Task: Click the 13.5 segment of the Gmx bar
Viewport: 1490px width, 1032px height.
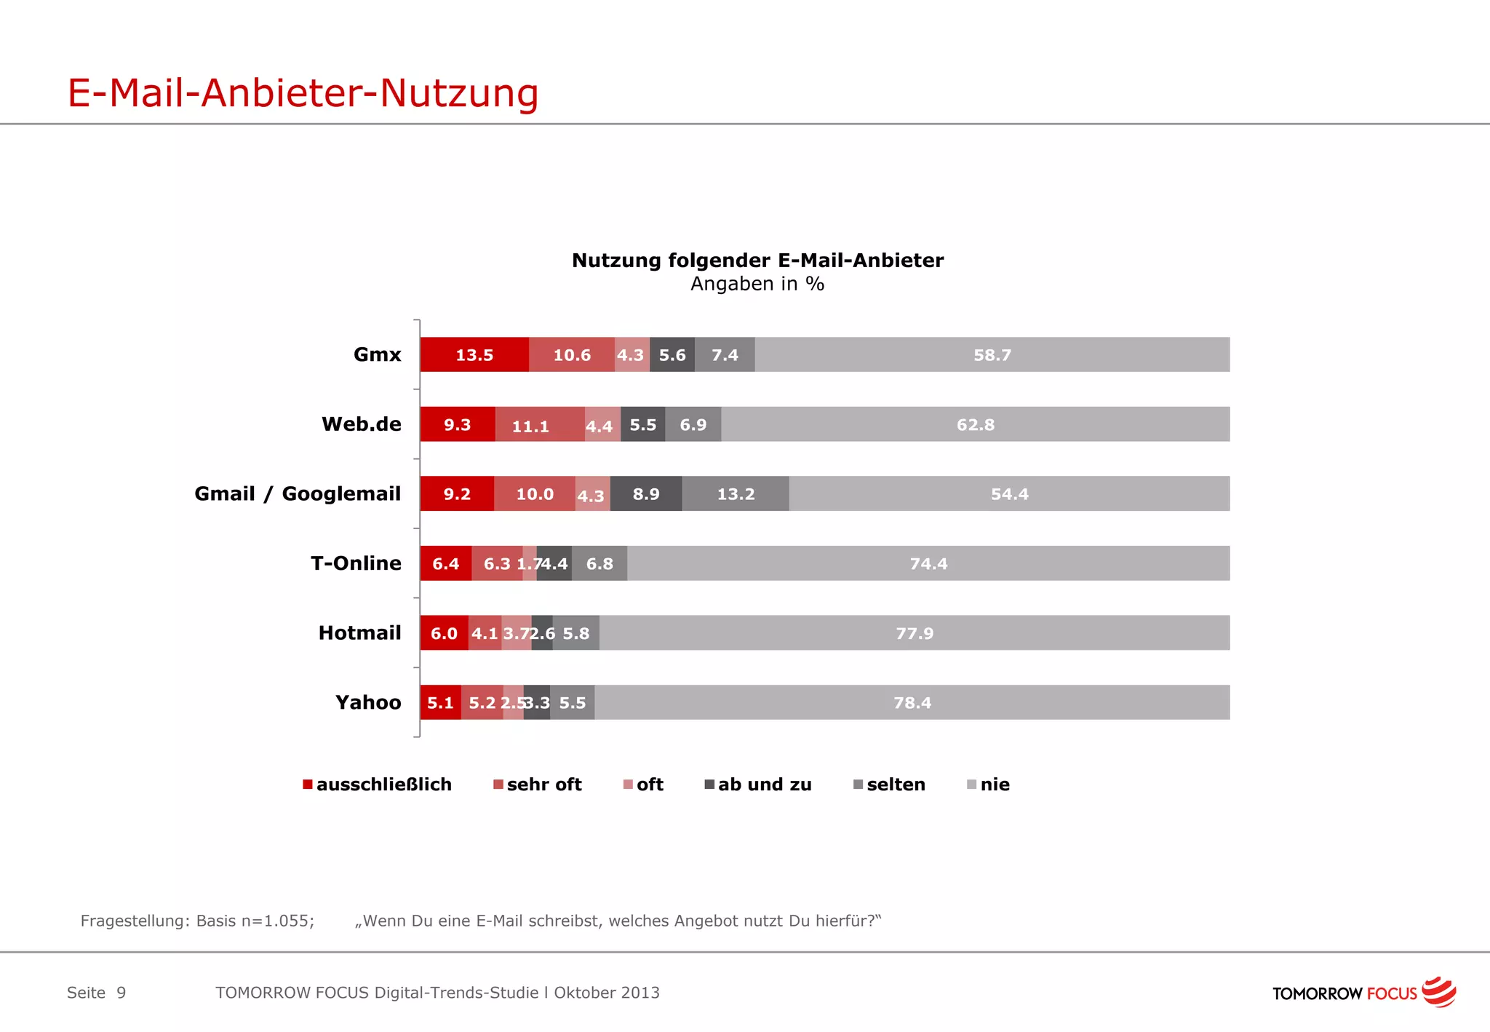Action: click(474, 354)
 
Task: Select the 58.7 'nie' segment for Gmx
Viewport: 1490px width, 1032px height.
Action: click(992, 354)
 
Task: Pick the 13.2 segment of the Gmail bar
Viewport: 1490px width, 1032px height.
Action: click(736, 494)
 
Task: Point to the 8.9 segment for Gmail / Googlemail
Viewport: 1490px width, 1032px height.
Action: click(646, 494)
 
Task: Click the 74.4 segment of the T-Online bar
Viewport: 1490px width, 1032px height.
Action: click(928, 563)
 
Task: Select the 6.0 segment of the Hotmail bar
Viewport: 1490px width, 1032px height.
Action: click(444, 633)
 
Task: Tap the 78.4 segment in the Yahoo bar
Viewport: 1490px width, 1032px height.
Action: click(912, 702)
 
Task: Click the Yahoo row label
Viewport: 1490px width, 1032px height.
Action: click(368, 702)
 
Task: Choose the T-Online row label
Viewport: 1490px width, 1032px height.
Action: click(356, 563)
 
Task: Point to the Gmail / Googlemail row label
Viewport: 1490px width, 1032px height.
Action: click(298, 494)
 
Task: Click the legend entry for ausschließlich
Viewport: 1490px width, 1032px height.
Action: click(378, 785)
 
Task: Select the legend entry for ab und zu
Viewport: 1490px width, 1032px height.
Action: click(758, 785)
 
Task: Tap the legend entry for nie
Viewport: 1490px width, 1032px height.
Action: click(989, 785)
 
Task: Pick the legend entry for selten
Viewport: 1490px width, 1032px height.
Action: click(890, 785)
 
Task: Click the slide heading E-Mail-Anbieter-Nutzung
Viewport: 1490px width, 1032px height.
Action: click(303, 93)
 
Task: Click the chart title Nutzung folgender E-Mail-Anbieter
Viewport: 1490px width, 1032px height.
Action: click(757, 260)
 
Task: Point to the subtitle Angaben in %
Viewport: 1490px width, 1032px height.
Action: click(757, 284)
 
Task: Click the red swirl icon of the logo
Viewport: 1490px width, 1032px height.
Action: click(1438, 992)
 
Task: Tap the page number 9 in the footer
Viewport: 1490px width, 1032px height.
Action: click(121, 993)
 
